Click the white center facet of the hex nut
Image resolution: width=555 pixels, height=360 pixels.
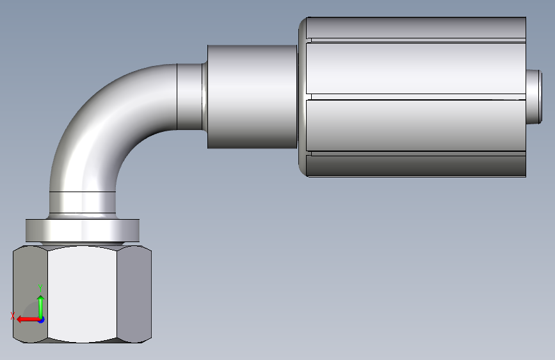(82, 294)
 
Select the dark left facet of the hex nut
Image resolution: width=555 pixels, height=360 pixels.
(31, 294)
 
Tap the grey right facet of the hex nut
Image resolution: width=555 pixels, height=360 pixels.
(134, 294)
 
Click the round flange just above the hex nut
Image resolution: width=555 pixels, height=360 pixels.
(83, 231)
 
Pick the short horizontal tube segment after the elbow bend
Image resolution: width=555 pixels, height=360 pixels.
(189, 97)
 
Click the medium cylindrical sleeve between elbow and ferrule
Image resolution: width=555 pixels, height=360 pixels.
(252, 97)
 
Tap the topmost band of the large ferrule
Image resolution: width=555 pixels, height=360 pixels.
(416, 28)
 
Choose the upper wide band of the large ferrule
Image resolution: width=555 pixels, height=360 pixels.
(416, 69)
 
